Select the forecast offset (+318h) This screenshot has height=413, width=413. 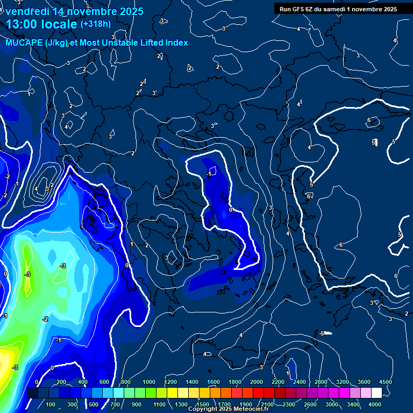[x=95, y=24]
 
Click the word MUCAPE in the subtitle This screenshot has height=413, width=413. [x=25, y=42]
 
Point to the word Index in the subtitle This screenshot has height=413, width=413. [x=175, y=42]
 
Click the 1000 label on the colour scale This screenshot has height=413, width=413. [x=148, y=382]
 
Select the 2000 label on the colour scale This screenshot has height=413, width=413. [x=256, y=382]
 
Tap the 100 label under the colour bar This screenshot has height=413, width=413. [x=51, y=404]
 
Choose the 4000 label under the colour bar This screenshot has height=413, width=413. [x=375, y=404]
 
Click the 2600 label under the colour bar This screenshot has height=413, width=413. [x=310, y=404]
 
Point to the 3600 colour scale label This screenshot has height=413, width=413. [x=364, y=382]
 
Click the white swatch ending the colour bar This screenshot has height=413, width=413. [x=376, y=393]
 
